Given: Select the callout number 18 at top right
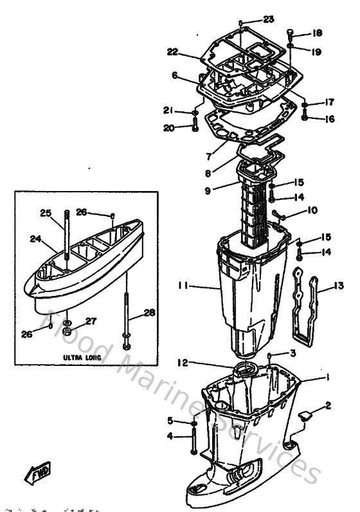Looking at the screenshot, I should (318, 33).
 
